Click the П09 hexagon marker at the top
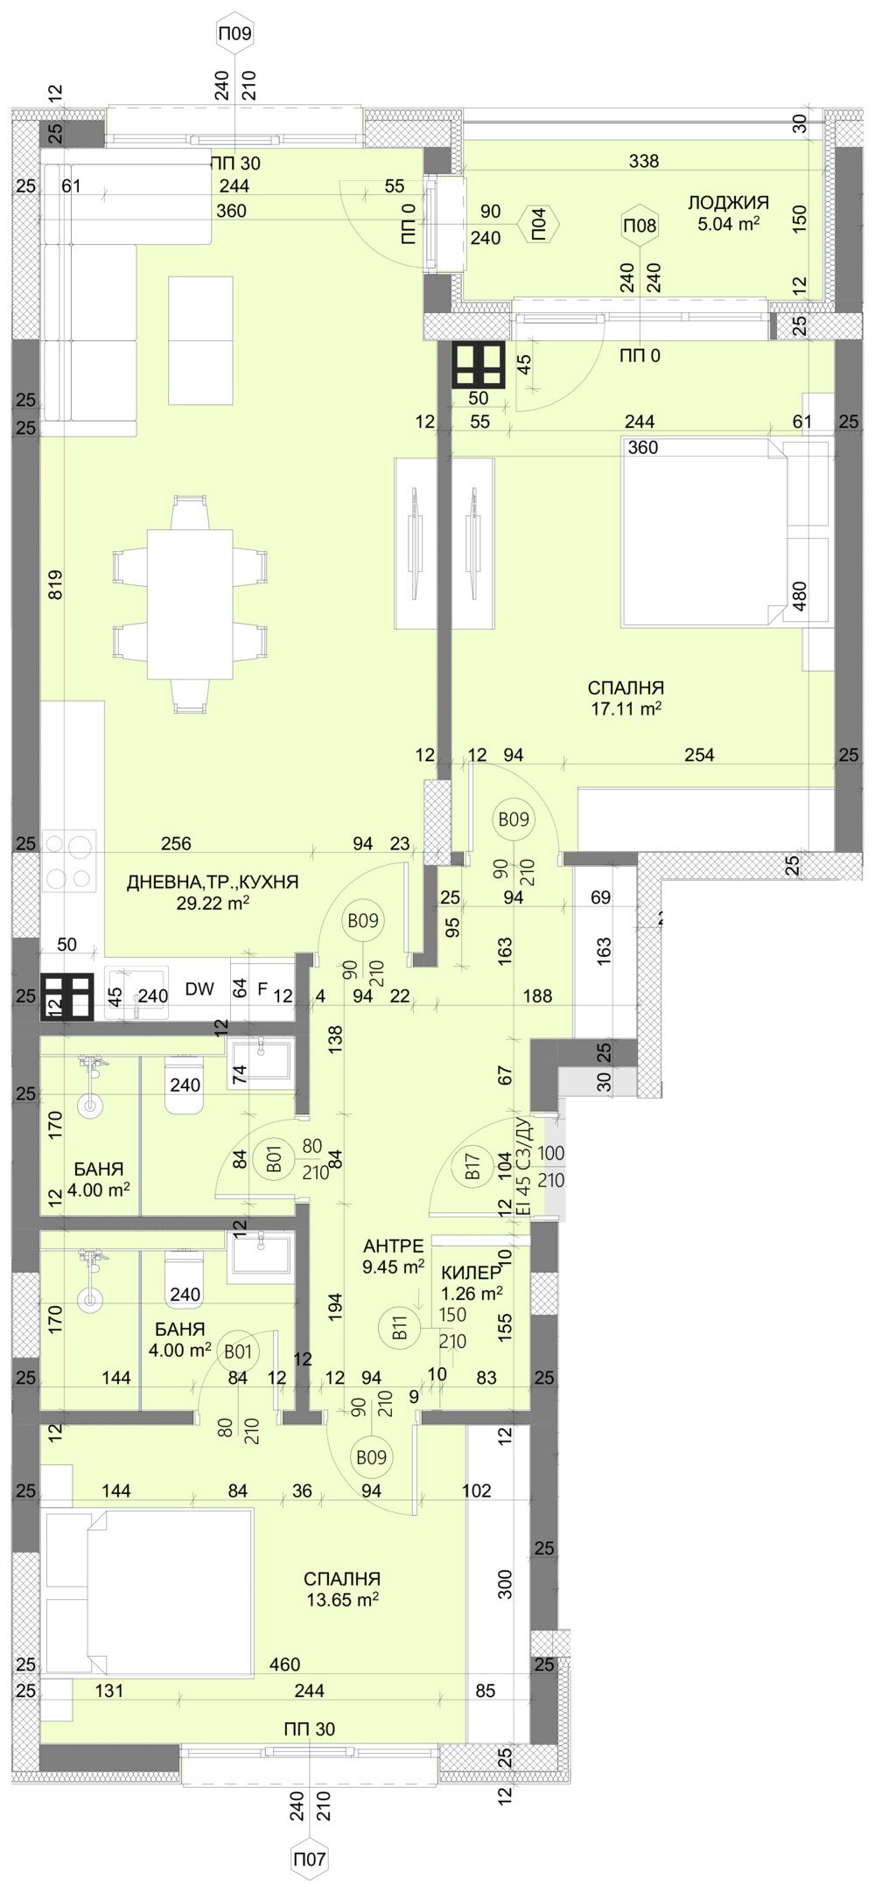234,34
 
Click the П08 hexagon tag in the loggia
640,226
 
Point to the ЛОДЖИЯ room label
728,203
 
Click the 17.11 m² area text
625,709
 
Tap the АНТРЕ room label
394,1246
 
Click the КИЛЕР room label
472,1273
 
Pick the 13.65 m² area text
342,1598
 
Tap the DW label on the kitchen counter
199,989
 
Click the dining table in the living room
190,604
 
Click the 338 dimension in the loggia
643,161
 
